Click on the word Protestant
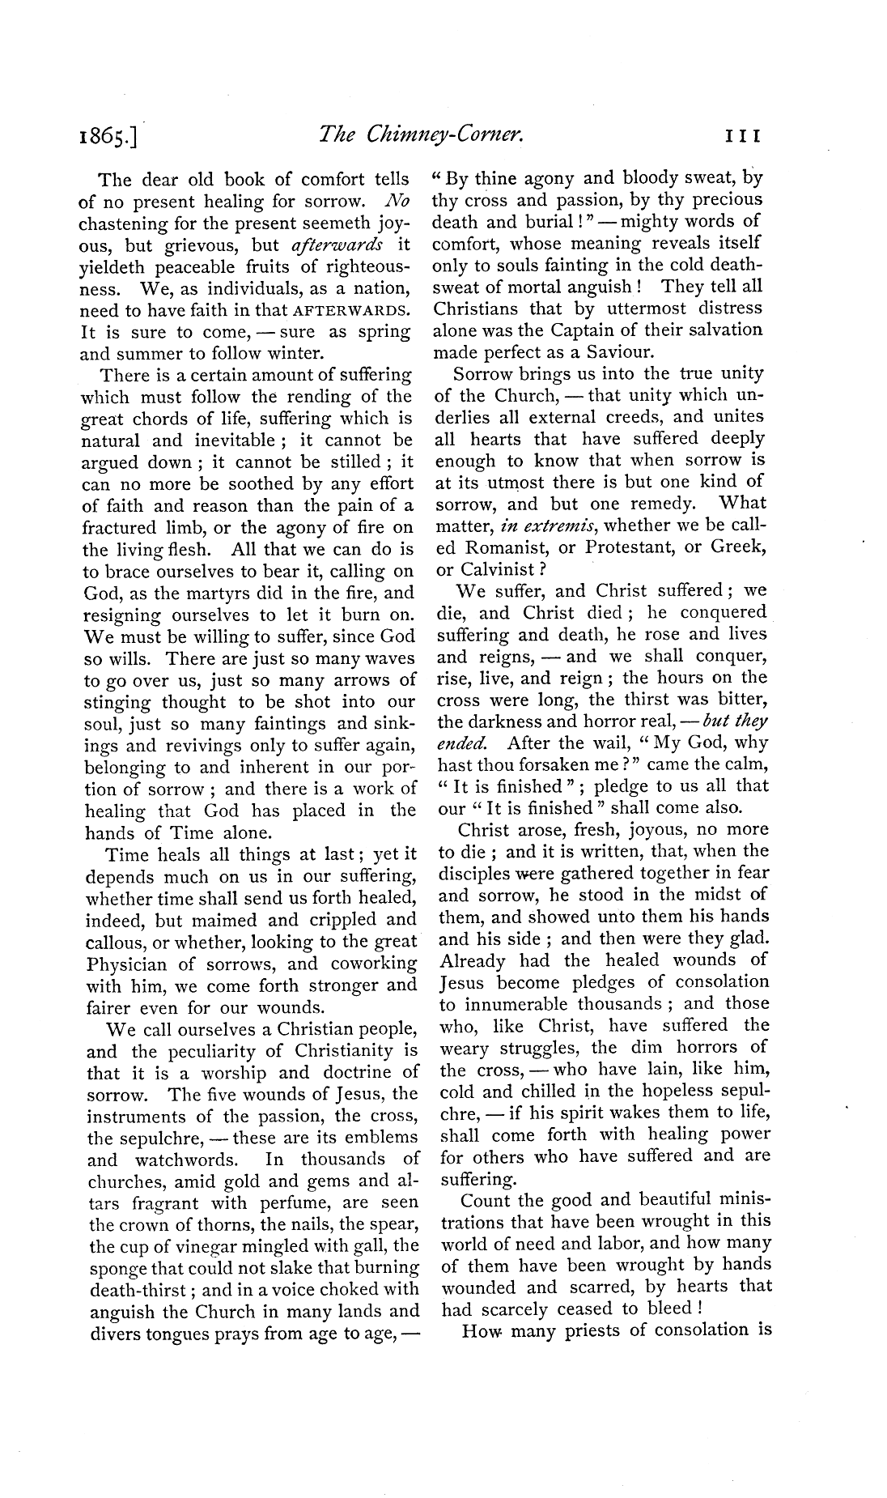pos(627,547)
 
